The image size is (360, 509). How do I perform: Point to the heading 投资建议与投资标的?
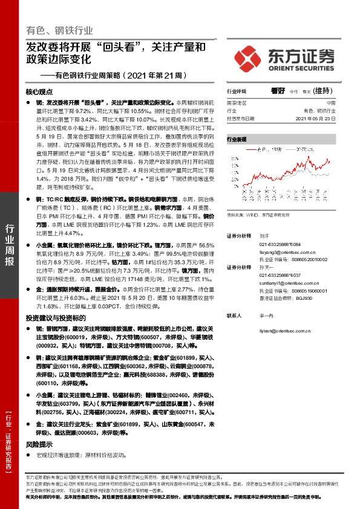click(55, 317)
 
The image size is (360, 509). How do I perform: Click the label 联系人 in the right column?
click(234, 316)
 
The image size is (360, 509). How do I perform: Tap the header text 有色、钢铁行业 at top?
click(60, 29)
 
